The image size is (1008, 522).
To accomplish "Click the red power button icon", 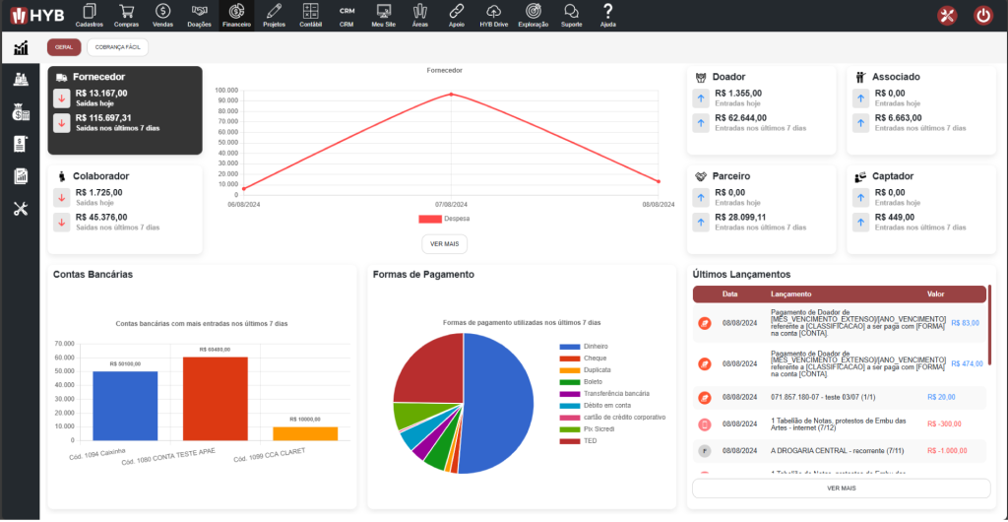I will pos(982,15).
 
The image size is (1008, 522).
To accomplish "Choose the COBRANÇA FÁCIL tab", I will pos(117,47).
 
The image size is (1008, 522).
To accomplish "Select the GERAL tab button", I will pos(64,47).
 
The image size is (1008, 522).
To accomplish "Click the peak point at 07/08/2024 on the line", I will pos(452,95).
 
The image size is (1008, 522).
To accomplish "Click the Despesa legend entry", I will pos(444,219).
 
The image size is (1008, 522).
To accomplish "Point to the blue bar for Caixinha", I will pos(125,405).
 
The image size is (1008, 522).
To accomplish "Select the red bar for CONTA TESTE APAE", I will pos(216,398).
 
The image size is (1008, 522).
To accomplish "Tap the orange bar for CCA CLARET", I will pos(305,433).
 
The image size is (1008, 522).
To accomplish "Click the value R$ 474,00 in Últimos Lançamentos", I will pos(967,363).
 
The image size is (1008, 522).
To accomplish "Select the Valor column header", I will pos(935,294).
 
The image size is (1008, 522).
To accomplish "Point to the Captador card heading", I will pos(893,176).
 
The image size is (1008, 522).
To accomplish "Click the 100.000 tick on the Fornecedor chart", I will pos(225,90).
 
